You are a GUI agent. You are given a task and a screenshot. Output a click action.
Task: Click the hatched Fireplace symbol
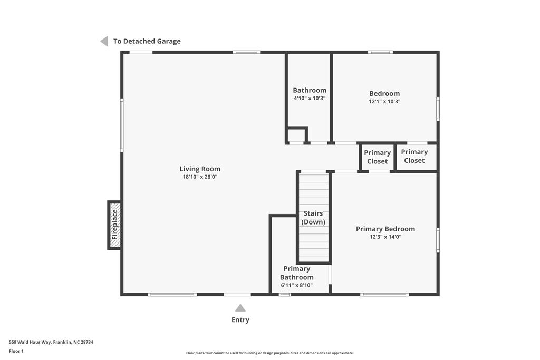coord(115,225)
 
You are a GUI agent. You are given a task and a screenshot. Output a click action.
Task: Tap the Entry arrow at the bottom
coord(240,308)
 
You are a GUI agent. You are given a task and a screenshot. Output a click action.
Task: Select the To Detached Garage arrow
coord(104,41)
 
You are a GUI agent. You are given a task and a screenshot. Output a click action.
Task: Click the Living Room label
coord(200,169)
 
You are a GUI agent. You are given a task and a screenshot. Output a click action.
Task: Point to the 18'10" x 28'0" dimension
coord(200,177)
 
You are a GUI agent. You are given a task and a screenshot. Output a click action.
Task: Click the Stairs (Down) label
coord(313,218)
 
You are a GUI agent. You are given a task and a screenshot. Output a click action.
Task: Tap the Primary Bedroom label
coord(385,229)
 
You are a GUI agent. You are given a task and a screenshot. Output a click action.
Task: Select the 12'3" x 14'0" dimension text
coord(385,237)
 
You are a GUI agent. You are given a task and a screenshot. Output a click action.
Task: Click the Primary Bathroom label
coord(297,273)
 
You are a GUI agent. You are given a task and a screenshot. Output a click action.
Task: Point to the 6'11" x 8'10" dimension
coord(297,285)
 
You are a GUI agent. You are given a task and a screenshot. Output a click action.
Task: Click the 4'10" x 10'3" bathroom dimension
coord(310,98)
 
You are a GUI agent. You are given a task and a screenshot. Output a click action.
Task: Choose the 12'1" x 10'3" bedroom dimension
coord(384,101)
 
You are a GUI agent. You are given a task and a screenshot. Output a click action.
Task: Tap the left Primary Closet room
coord(377,157)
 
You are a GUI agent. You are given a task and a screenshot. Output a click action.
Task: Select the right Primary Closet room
coord(414,156)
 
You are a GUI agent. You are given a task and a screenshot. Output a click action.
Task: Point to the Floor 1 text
coord(16,351)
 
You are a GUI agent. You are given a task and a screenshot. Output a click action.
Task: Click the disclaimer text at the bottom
coord(269,353)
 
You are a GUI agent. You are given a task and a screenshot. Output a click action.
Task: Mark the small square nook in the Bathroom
coord(296,135)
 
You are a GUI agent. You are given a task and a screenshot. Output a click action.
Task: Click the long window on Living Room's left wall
coord(122,125)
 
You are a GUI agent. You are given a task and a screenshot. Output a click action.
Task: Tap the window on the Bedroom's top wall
coord(380,52)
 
